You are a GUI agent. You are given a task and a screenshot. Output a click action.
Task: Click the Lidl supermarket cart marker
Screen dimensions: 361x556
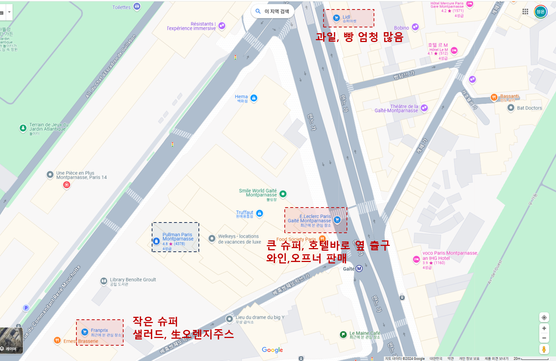[x=336, y=18]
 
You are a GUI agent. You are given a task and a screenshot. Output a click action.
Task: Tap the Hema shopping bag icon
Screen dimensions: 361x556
[x=254, y=98]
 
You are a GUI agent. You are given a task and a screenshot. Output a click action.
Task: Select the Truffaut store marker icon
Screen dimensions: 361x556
[x=260, y=213]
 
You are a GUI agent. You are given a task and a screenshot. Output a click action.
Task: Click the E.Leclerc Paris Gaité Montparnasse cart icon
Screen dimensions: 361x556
[x=337, y=220]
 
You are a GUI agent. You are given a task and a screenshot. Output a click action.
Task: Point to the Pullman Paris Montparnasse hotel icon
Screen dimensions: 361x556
[x=156, y=241]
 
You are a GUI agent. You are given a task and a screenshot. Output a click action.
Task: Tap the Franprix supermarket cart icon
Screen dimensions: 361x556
[x=85, y=332]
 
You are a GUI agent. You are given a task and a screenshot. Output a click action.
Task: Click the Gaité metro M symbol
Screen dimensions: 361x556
[x=359, y=269]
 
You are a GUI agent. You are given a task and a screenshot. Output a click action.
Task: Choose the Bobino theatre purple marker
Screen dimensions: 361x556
[x=415, y=27]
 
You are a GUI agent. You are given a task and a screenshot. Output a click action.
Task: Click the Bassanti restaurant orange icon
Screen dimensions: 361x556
[x=494, y=97]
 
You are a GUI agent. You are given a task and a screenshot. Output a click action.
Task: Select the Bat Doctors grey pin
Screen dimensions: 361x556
[x=511, y=108]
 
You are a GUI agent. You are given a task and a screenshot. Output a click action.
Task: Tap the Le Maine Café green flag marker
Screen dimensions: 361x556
[x=343, y=334]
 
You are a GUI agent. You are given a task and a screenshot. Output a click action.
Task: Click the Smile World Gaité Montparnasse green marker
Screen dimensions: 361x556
[x=283, y=194]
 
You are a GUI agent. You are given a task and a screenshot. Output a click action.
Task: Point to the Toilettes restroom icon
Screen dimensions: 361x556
[x=137, y=6]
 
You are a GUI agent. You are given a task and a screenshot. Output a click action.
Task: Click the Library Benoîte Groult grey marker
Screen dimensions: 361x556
[x=104, y=281]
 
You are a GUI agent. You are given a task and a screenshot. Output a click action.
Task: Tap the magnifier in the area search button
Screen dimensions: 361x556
[x=258, y=11]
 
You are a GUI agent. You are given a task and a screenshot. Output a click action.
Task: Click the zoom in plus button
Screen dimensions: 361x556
[x=544, y=328]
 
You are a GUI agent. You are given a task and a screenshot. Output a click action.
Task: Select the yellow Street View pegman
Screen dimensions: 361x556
[x=544, y=349]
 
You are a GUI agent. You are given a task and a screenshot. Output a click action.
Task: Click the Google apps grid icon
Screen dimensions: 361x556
[x=525, y=11]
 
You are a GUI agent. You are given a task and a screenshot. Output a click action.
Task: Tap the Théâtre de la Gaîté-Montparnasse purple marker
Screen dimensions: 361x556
[x=424, y=107]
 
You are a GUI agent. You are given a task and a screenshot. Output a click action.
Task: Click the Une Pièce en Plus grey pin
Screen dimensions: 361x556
[x=50, y=175]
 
